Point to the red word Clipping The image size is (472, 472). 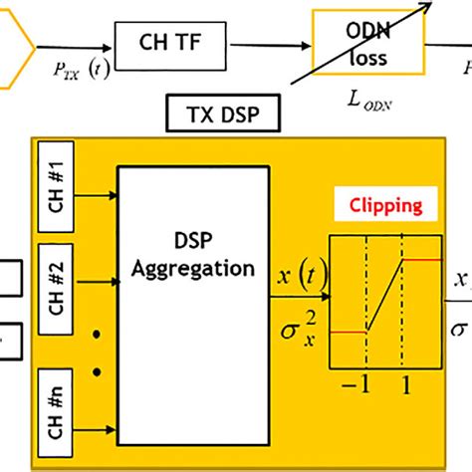pyautogui.click(x=384, y=206)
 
